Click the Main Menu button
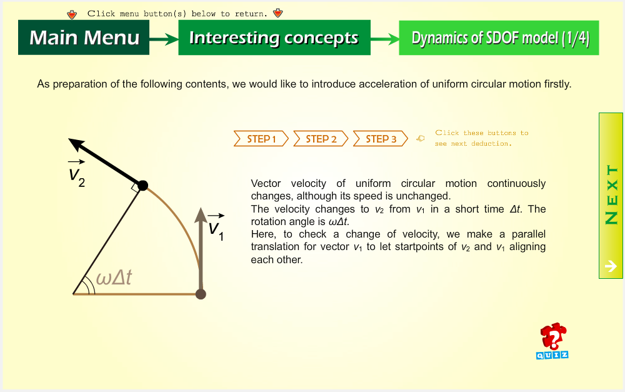click(x=84, y=38)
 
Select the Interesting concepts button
click(x=274, y=38)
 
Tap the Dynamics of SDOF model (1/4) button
click(x=499, y=38)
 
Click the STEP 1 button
click(x=261, y=139)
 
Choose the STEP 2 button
click(x=321, y=139)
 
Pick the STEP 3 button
click(x=381, y=139)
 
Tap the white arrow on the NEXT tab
click(x=611, y=266)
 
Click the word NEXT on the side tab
click(x=611, y=194)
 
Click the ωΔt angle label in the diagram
click(x=114, y=277)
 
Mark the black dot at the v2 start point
click(x=142, y=186)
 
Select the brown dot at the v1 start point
click(x=201, y=294)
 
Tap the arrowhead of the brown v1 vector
click(x=201, y=214)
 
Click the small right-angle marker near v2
click(x=136, y=188)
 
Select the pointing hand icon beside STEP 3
click(x=421, y=138)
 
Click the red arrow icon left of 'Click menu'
click(x=72, y=14)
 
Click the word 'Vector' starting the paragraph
click(x=266, y=183)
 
